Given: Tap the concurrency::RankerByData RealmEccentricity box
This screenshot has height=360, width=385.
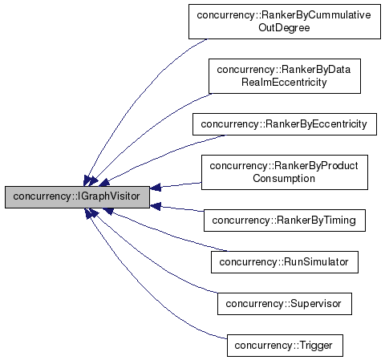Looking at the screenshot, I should (284, 79).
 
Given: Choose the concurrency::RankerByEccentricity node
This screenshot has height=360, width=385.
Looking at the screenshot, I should (284, 124).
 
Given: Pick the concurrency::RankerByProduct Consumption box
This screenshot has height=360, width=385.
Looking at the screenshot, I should (284, 172).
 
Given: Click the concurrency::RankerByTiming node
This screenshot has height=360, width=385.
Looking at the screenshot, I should (284, 220).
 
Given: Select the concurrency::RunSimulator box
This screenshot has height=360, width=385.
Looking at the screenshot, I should (284, 261).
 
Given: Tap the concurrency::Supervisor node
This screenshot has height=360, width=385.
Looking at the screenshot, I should (284, 304).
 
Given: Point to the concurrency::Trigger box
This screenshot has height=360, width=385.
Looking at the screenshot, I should (284, 346).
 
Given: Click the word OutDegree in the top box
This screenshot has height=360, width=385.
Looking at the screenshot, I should (284, 28).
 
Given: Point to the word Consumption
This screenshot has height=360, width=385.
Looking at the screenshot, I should (284, 178).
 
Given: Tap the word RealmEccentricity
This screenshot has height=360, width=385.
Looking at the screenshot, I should (284, 85).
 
